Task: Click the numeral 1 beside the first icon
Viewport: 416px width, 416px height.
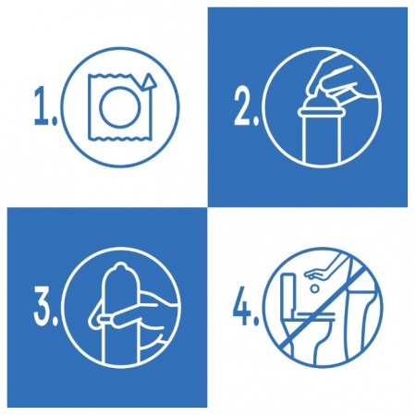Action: (x=43, y=106)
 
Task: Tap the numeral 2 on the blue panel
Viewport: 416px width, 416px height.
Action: (x=243, y=106)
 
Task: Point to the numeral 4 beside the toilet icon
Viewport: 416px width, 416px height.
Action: (x=242, y=306)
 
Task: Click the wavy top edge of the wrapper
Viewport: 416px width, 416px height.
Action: (x=110, y=76)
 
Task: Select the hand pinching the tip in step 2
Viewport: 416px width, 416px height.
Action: (x=339, y=77)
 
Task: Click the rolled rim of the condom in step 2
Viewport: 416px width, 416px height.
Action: (x=321, y=113)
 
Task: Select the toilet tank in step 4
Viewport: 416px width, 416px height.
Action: (x=289, y=293)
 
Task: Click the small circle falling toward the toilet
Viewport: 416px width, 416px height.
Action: (x=314, y=288)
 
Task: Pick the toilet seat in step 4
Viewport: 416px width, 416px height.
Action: (x=314, y=314)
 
